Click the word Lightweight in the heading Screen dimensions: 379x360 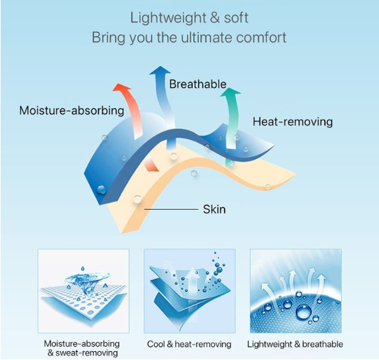point(168,19)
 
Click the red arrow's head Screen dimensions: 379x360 point(122,87)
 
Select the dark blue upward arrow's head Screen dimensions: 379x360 point(160,70)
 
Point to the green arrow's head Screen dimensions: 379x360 point(230,92)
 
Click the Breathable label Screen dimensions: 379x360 point(198,84)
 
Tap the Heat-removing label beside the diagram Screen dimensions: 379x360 point(292,121)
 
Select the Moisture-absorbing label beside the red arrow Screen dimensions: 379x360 point(72,110)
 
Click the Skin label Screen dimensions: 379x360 point(214,209)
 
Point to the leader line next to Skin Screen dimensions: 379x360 point(171,209)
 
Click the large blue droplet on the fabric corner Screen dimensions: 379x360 point(101,189)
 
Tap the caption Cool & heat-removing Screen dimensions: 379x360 point(189,344)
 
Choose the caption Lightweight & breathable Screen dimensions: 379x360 point(295,344)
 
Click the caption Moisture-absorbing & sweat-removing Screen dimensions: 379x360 point(82,348)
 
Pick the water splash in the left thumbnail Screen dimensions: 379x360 point(87,280)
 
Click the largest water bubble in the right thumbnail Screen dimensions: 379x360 point(304,312)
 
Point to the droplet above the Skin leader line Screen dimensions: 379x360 point(137,199)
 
